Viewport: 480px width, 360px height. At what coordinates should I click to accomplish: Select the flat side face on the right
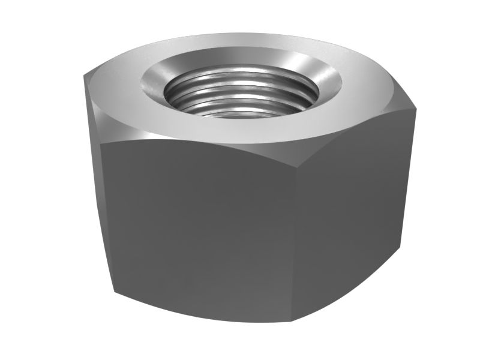[x=354, y=204]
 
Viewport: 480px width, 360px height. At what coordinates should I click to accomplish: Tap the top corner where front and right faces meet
[x=311, y=154]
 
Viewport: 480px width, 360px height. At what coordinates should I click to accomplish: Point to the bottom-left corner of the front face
[x=113, y=293]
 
